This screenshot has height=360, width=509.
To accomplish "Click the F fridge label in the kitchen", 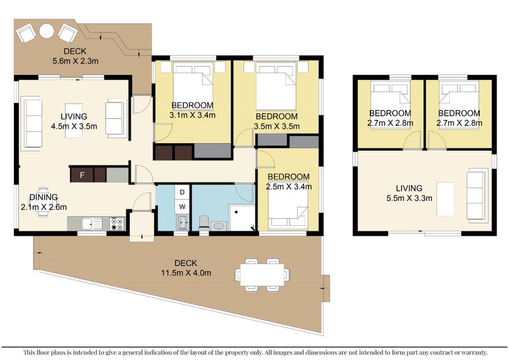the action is click(82, 176).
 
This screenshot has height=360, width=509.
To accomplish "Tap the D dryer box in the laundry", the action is click(182, 192).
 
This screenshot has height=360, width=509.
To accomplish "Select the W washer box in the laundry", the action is click(182, 207).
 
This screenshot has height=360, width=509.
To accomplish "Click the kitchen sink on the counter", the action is click(92, 224).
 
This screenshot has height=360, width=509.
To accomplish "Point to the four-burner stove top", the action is click(117, 224).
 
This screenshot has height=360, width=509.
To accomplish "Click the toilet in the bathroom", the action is click(204, 224).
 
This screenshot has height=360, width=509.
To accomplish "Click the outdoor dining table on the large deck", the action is click(262, 275).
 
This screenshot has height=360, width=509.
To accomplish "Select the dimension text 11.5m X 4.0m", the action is click(186, 273).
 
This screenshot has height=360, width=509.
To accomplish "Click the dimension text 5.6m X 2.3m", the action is click(75, 60).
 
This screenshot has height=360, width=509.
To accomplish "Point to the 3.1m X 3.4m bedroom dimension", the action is click(193, 115).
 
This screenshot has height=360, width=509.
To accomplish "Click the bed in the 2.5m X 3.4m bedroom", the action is click(288, 207).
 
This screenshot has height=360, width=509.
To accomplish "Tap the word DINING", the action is click(43, 197).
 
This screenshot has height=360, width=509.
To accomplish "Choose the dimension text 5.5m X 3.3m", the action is click(409, 198).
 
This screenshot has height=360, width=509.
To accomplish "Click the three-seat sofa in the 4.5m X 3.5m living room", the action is click(31, 123).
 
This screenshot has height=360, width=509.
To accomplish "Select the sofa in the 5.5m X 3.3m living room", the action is click(478, 196).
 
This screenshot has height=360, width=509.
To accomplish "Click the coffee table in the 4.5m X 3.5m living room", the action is click(74, 120).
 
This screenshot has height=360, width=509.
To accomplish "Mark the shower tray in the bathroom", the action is click(242, 218).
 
